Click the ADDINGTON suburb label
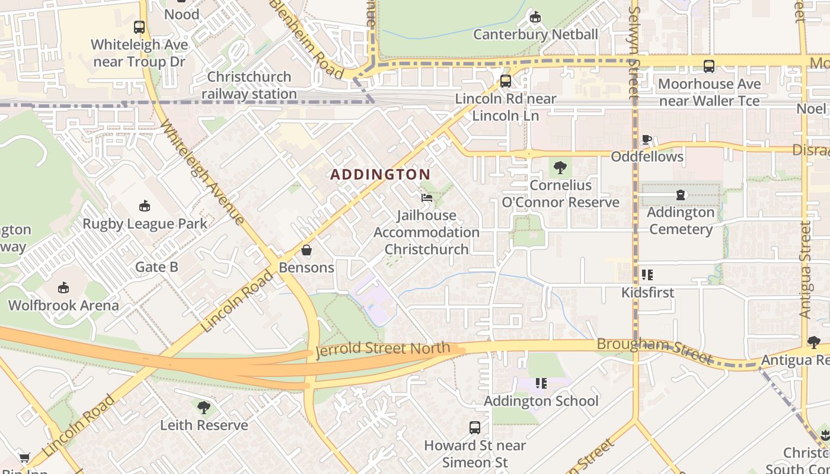coord(380,174)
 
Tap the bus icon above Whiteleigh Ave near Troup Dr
coord(139,27)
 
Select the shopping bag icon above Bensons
coord(307,251)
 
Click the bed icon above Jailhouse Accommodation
coord(426,198)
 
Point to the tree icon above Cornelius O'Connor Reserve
coord(560,168)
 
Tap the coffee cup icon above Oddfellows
coord(647,140)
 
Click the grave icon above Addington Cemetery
coord(681,195)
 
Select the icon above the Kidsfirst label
coord(647,275)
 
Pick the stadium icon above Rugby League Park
coord(144,206)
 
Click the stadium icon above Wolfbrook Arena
coord(63,288)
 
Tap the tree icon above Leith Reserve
coord(203,408)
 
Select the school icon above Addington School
coord(541,383)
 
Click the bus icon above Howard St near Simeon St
coord(474,427)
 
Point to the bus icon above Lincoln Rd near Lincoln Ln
coord(506,81)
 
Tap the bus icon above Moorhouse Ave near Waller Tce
coord(708,66)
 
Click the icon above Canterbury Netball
coord(535,17)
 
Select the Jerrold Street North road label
coord(383,349)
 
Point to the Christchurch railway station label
coord(249,85)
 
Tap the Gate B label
coord(157,267)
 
